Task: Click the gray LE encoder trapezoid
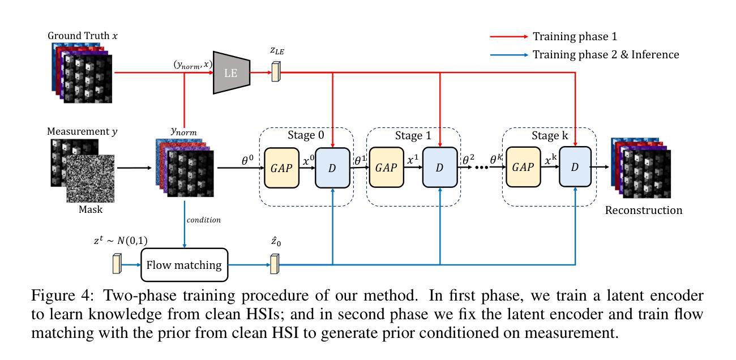[232, 72]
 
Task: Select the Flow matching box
[184, 264]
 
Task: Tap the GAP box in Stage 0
[281, 167]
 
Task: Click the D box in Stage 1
[439, 167]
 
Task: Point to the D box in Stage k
[575, 167]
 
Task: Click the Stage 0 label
[306, 136]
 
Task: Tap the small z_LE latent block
[276, 72]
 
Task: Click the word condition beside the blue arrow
[203, 220]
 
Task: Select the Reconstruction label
[644, 211]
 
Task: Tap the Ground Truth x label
[83, 36]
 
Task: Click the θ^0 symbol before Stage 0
[247, 160]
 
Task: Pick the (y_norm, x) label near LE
[192, 65]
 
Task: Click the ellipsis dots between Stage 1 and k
[481, 168]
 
